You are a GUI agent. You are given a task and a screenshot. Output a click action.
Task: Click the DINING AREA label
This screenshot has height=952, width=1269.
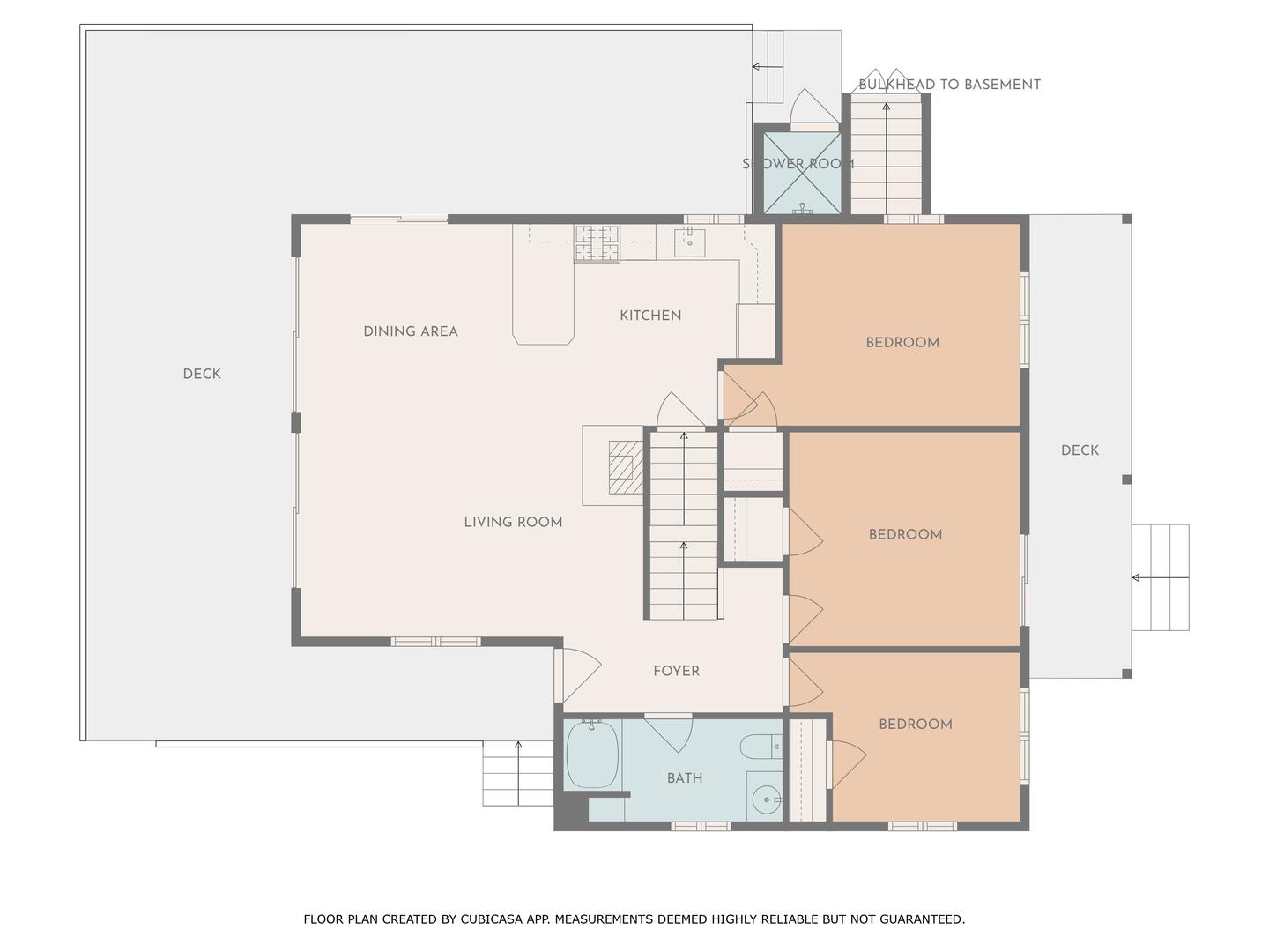(411, 331)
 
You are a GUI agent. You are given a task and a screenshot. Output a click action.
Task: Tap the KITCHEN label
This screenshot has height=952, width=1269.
(650, 316)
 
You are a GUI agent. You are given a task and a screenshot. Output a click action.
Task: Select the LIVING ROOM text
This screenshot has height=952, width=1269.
(513, 522)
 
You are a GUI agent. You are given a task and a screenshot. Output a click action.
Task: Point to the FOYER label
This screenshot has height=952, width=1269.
(676, 671)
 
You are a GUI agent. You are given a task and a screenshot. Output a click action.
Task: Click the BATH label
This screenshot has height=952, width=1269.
(685, 778)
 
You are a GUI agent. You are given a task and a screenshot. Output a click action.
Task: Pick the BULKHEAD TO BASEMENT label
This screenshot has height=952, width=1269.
(949, 85)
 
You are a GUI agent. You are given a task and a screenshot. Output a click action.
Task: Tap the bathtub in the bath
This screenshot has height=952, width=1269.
(592, 755)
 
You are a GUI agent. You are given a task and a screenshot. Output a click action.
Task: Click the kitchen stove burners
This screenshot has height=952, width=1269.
(597, 242)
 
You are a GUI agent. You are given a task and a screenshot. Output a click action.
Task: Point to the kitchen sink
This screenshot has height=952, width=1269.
(689, 242)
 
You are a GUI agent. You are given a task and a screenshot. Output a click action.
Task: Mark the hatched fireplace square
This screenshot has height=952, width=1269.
(625, 467)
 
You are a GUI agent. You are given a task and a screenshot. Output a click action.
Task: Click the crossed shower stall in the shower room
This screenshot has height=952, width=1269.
(801, 173)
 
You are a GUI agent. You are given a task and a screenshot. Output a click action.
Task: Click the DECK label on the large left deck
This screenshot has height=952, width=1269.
(202, 374)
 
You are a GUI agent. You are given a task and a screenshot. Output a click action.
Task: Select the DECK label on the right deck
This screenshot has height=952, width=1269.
(1080, 450)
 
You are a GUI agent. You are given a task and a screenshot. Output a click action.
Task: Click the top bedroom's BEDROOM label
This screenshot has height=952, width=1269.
(902, 343)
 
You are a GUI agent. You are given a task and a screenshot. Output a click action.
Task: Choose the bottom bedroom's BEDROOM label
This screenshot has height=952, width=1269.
(916, 725)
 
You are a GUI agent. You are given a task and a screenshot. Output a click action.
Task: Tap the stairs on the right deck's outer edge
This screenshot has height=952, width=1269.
(1160, 577)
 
